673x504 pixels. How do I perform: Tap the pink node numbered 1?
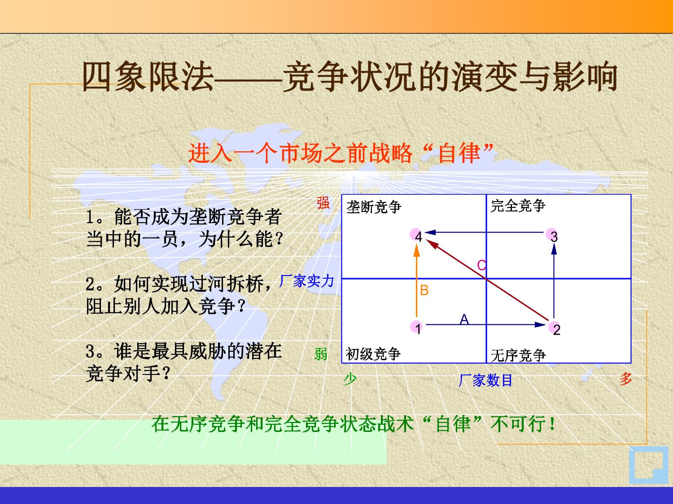click(416, 327)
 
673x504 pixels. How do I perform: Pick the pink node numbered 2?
click(555, 328)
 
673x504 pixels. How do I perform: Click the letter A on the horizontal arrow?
click(464, 319)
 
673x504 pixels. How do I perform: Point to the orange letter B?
click(424, 290)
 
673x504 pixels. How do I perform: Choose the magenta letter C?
click(481, 265)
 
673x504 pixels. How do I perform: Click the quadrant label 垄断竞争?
click(374, 207)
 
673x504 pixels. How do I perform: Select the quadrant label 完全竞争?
click(518, 205)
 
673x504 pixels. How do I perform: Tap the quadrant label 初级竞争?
click(373, 354)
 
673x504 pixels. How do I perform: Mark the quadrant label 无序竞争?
click(519, 355)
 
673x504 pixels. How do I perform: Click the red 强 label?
click(323, 203)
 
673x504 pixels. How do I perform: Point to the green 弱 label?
click(321, 354)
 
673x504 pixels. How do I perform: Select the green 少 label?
click(350, 379)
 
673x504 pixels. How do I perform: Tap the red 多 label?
click(625, 379)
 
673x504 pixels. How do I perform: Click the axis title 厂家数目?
click(485, 380)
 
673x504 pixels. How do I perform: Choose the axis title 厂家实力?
click(306, 281)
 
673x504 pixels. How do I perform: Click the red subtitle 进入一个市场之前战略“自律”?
click(341, 153)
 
